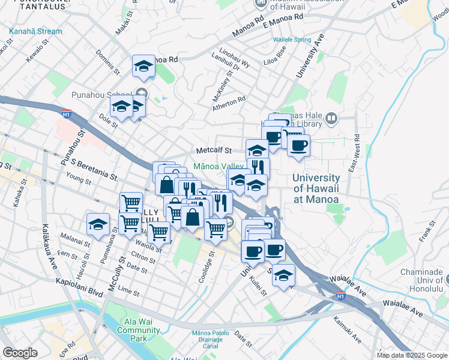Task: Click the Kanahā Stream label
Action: click(35, 31)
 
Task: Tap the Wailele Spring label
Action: click(292, 40)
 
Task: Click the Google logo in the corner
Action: click(20, 353)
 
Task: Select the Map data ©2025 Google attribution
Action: click(412, 355)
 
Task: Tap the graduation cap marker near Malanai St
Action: click(98, 224)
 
